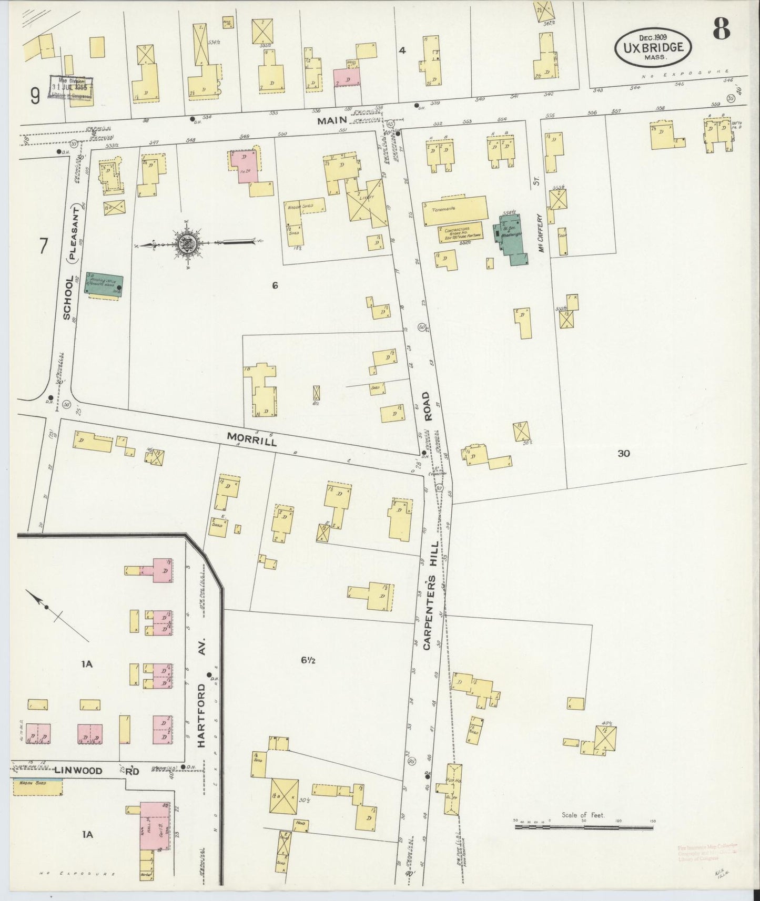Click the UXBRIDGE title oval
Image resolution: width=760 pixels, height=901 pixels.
point(653,47)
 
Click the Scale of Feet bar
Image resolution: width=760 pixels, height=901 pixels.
point(584,826)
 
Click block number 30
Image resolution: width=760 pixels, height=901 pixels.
point(623,453)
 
